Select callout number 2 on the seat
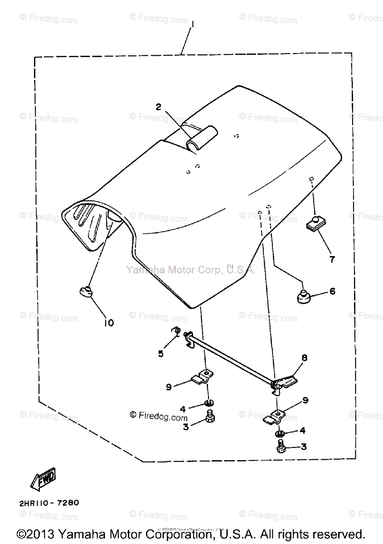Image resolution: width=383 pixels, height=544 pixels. tap(158, 107)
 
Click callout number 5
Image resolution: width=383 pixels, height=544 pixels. tap(160, 353)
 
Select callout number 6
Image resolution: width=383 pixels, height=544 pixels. tap(332, 291)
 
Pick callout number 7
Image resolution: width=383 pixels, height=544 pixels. tap(332, 259)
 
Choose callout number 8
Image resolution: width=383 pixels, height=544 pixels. tap(304, 358)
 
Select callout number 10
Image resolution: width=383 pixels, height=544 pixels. tap(109, 322)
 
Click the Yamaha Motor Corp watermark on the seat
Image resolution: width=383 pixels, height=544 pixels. tap(191, 270)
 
